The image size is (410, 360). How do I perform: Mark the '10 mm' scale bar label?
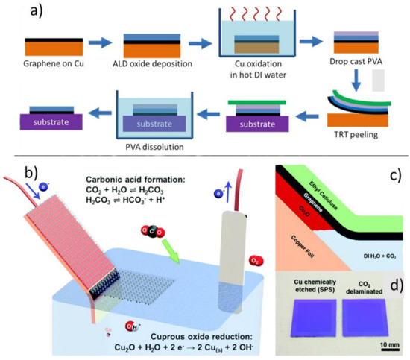(x=388, y=344)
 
